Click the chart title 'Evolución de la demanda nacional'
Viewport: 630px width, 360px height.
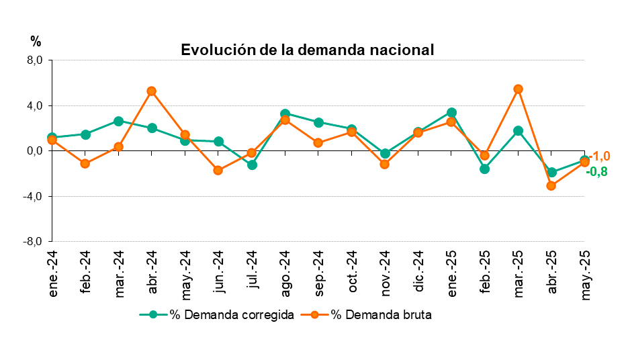pyautogui.click(x=308, y=50)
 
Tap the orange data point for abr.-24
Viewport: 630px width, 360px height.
pyautogui.click(x=152, y=91)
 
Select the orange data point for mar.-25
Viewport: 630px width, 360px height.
pyautogui.click(x=519, y=89)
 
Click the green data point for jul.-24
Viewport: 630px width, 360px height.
pyautogui.click(x=252, y=165)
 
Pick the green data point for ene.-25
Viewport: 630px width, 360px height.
pyautogui.click(x=452, y=113)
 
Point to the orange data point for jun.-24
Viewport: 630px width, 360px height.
pyautogui.click(x=218, y=171)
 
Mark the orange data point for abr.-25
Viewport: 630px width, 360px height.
pyautogui.click(x=551, y=186)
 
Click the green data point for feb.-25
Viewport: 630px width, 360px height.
pyautogui.click(x=485, y=169)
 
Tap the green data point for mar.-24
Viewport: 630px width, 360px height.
pyautogui.click(x=118, y=122)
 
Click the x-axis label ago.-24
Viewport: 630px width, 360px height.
pyautogui.click(x=285, y=273)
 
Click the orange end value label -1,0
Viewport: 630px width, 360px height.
pyautogui.click(x=599, y=156)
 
